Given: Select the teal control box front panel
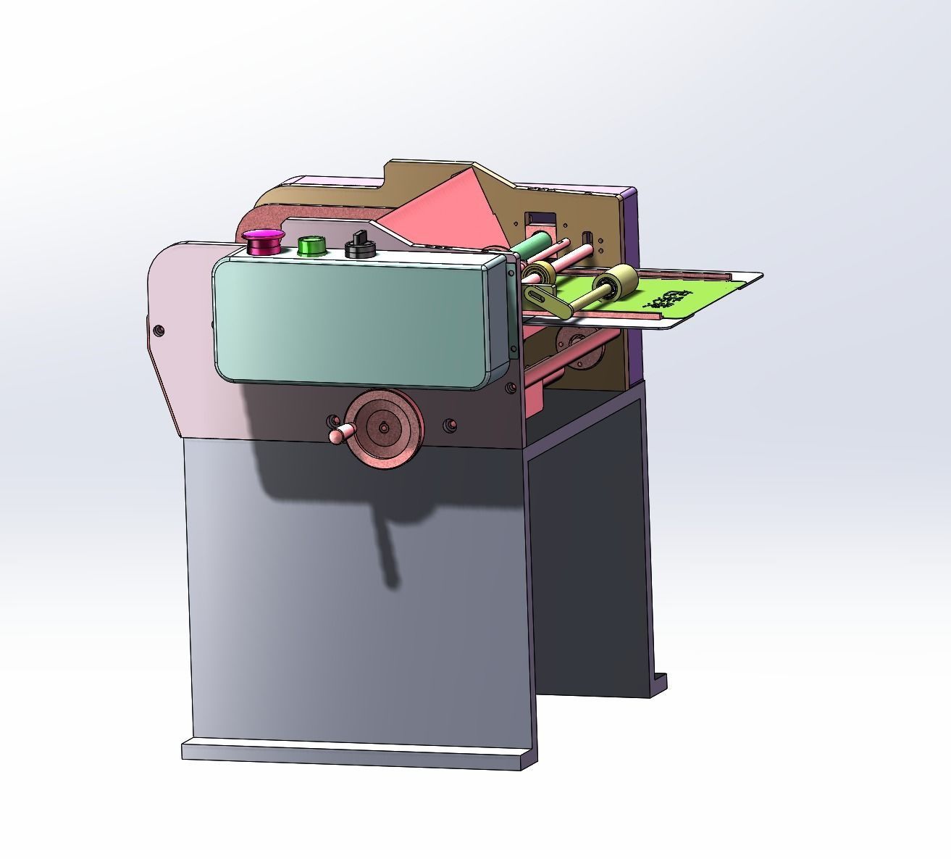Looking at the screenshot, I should [x=355, y=319].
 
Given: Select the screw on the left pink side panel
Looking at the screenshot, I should [x=159, y=331].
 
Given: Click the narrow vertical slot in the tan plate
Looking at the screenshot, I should [x=588, y=238].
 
